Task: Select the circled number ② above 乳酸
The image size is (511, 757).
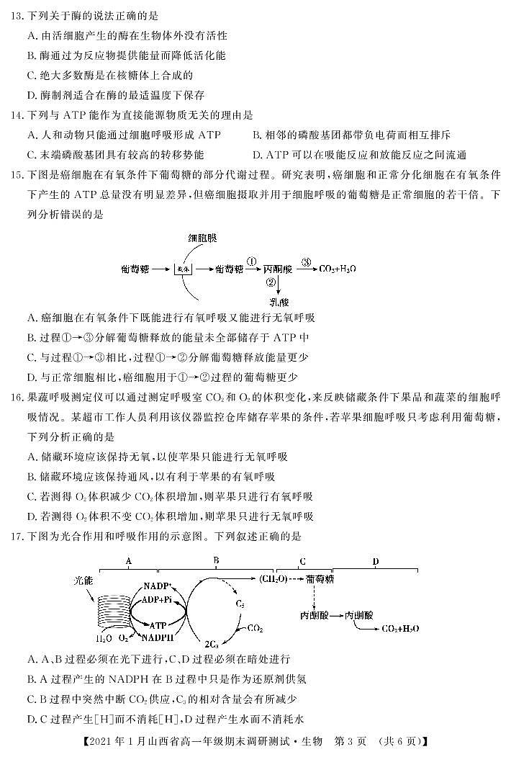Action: (271, 282)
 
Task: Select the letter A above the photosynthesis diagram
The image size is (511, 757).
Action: (128, 561)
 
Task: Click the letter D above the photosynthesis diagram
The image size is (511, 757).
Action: (375, 561)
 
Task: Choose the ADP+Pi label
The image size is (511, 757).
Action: (157, 600)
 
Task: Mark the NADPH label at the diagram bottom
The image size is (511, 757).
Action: (158, 637)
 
